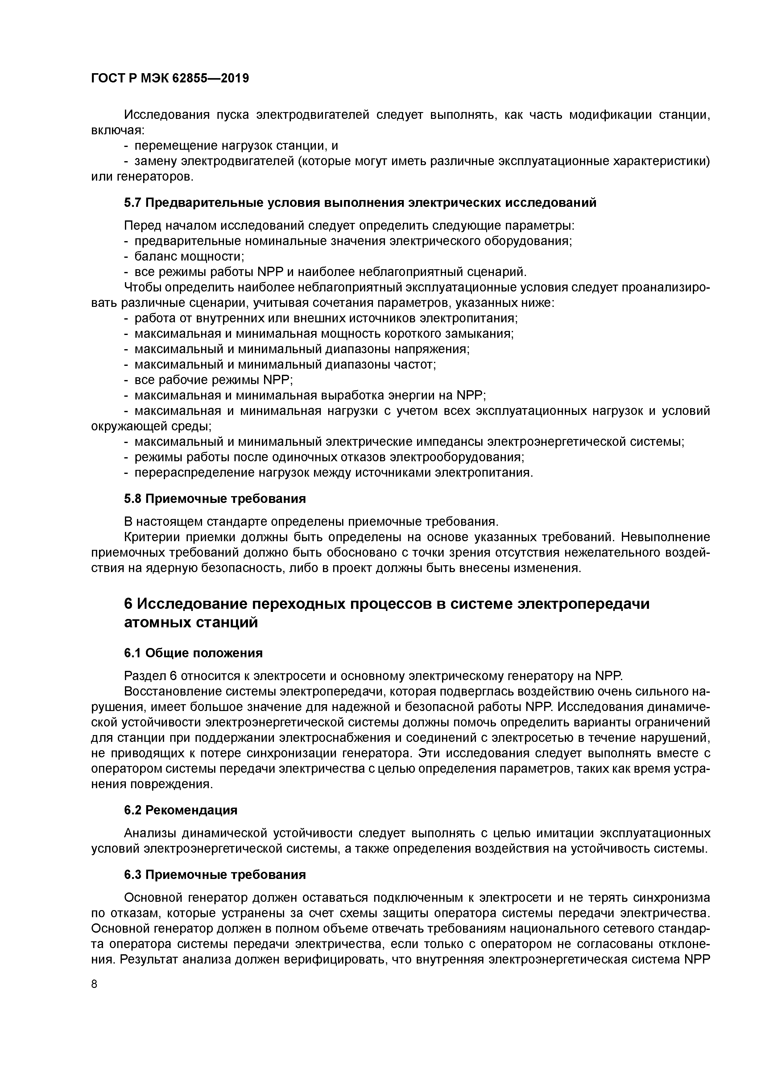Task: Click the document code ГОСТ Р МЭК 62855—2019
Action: click(170, 78)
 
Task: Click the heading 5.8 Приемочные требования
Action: click(214, 499)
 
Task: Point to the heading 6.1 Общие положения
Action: click(193, 653)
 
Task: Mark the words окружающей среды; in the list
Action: click(151, 426)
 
